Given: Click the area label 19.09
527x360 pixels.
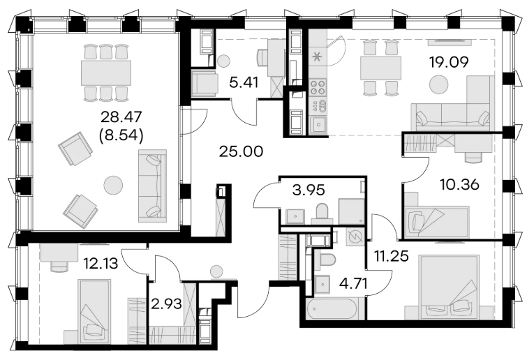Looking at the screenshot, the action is pyautogui.click(x=448, y=62).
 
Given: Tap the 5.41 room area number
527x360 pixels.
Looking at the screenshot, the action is pyautogui.click(x=244, y=82).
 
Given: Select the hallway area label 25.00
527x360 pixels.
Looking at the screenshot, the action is pyautogui.click(x=241, y=152).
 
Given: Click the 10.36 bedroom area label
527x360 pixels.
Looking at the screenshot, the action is pyautogui.click(x=459, y=184).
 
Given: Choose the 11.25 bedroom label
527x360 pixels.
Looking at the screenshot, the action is pyautogui.click(x=392, y=256).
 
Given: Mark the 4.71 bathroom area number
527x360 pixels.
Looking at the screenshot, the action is pyautogui.click(x=353, y=284).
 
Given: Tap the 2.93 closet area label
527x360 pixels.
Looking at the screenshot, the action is pyautogui.click(x=167, y=304).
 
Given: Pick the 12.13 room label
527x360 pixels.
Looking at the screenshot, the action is pyautogui.click(x=101, y=264).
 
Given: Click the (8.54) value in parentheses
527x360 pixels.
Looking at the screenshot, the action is pyautogui.click(x=120, y=135).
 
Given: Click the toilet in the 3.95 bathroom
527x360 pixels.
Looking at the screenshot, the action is pyautogui.click(x=322, y=213).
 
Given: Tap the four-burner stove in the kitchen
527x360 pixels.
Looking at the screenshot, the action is pyautogui.click(x=318, y=87).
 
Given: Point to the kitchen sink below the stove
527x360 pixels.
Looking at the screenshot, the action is pyautogui.click(x=318, y=125).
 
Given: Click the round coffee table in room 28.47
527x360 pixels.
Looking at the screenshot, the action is pyautogui.click(x=113, y=185).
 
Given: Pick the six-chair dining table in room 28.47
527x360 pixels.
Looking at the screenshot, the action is pyautogui.click(x=106, y=73).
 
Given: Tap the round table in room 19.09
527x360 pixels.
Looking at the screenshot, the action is pyautogui.click(x=439, y=84).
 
